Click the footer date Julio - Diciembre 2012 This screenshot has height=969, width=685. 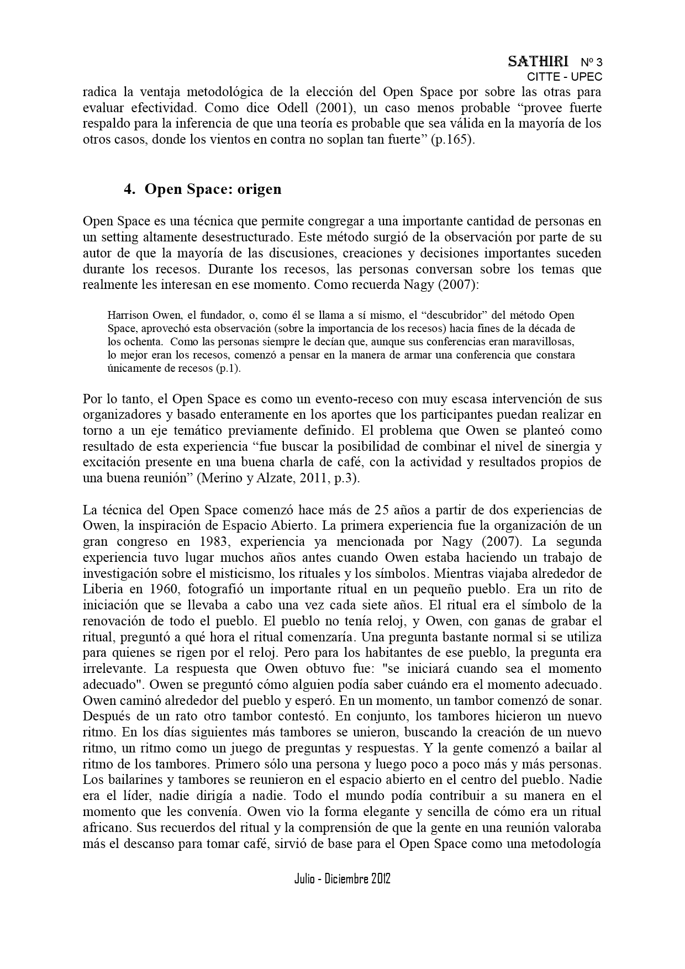click(x=342, y=879)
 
